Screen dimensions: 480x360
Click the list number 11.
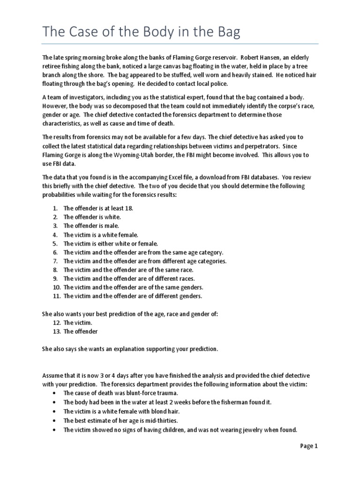[56, 296]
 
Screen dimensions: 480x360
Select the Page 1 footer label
[309, 446]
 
